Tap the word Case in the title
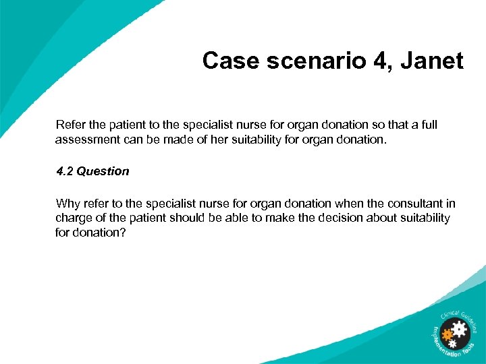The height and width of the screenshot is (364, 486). (x=230, y=61)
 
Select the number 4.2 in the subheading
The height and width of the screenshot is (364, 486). (x=65, y=171)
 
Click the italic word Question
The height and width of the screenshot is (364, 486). (x=103, y=171)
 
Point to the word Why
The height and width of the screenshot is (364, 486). (x=67, y=204)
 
